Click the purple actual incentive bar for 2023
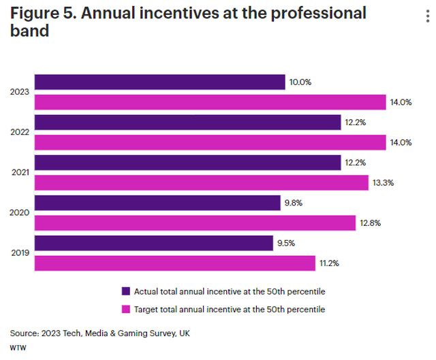pos(159,82)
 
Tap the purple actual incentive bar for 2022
pos(187,122)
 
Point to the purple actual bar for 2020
pos(157,203)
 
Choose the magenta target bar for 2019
pos(174,263)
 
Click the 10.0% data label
pos(300,82)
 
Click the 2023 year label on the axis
pos(20,92)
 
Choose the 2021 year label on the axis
pos(20,172)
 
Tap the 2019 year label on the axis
pos(20,253)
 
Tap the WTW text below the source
pos(16,347)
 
